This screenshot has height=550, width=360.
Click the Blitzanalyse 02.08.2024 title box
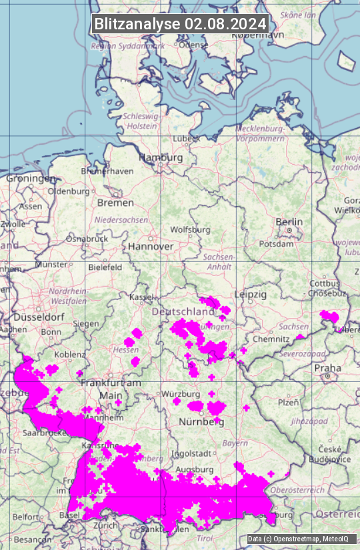180,23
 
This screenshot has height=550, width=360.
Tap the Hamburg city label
160,157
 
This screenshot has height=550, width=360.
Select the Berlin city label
289,222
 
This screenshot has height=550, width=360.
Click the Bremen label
115,202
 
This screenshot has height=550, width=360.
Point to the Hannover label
151,246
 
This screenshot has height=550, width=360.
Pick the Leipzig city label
251,294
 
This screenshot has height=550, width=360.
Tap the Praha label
327,367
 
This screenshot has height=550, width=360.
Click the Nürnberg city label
201,422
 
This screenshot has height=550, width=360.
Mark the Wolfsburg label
190,229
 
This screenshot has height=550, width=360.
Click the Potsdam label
276,244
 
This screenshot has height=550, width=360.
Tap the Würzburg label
181,393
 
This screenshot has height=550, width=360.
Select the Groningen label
31,179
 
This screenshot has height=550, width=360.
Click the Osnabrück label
87,238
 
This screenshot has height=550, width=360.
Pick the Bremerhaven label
107,171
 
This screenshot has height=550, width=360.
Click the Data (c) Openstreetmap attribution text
297,539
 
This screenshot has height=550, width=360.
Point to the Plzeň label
288,402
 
